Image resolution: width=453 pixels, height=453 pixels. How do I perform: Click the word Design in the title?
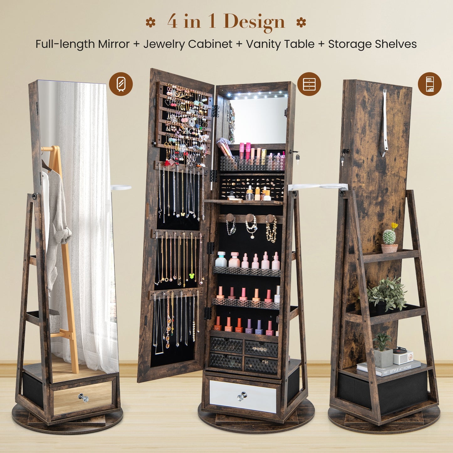254,22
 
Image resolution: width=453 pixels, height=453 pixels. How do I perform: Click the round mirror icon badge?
121,84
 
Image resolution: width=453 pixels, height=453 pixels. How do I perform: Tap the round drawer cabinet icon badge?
309,84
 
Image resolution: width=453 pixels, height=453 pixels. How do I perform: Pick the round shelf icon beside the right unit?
429,84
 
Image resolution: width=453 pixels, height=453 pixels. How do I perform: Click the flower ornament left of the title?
151,23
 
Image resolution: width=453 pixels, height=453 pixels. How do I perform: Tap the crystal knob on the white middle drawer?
242,396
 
